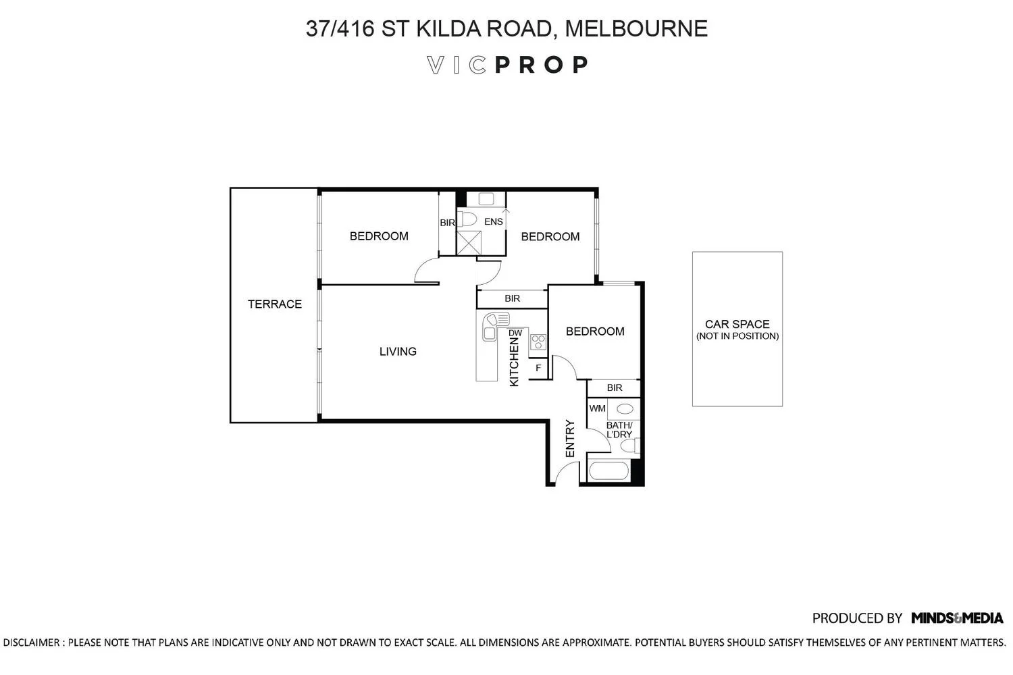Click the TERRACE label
tap(274, 304)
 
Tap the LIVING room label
tap(398, 351)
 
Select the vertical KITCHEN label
tap(514, 364)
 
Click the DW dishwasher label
tap(515, 333)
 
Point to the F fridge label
tap(538, 368)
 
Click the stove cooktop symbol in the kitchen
tap(538, 342)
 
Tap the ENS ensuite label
tap(494, 221)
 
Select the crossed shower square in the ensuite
tap(469, 243)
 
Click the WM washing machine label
tap(598, 408)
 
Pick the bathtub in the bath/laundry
tap(608, 471)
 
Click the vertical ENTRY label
tap(570, 439)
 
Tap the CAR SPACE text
tap(737, 324)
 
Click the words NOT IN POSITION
tap(737, 336)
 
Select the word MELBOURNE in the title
tap(636, 28)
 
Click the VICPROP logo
tap(507, 65)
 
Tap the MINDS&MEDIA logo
tap(957, 618)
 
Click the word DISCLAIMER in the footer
tap(32, 643)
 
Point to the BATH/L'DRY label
tap(619, 430)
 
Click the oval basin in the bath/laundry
tap(625, 409)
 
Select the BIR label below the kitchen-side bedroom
tap(615, 387)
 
